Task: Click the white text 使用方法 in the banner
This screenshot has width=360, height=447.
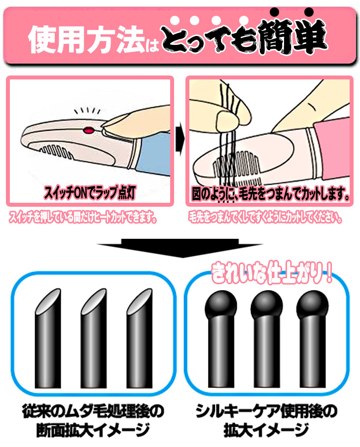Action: [87, 39]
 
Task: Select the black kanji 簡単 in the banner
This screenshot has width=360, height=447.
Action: [292, 37]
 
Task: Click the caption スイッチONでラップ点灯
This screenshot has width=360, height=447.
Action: [90, 192]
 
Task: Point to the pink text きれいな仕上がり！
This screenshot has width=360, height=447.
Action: [271, 273]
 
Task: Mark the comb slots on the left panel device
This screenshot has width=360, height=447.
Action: [56, 152]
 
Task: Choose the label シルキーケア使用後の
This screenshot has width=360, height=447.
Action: [266, 411]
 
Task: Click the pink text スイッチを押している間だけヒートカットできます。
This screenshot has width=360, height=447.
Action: [83, 218]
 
